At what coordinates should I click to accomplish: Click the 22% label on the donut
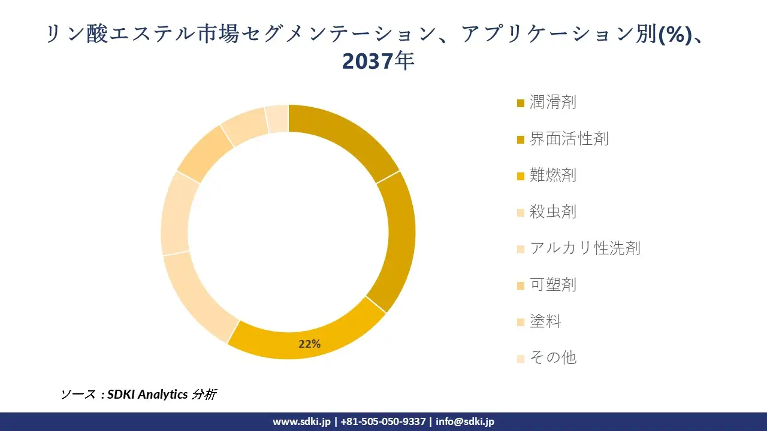point(310,344)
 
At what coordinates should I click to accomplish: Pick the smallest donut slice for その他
point(277,119)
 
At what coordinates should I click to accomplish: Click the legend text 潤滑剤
point(552,102)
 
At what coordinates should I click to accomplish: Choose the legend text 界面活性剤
point(569,139)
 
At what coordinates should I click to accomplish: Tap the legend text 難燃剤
point(552,175)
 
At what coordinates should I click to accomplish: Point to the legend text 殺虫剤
point(552,212)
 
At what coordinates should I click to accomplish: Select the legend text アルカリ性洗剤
point(585,248)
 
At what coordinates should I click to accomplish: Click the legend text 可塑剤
point(552,285)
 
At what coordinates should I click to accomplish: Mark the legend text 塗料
point(545,321)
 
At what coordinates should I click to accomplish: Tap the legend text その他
point(552,358)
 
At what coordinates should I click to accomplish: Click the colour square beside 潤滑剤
point(520,104)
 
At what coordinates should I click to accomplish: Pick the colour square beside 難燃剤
point(520,177)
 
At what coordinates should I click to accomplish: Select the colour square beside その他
point(520,359)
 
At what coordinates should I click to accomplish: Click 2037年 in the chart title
point(378,61)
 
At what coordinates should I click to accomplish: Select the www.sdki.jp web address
point(301,421)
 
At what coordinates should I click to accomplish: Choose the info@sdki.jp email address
point(465,421)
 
